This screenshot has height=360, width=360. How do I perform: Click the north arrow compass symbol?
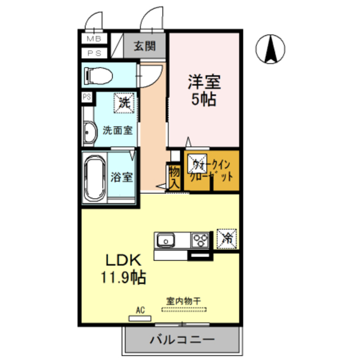pos(270,48)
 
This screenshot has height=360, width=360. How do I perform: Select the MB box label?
pos(94,39)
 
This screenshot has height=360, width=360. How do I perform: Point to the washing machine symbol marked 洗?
pos(124,103)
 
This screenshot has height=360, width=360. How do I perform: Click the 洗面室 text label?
pos(118,130)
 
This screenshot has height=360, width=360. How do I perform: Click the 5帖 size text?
pos(204,101)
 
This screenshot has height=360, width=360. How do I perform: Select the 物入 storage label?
pos(174,175)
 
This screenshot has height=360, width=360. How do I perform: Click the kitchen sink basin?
pos(166,241)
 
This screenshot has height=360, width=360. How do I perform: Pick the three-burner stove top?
pos(200,240)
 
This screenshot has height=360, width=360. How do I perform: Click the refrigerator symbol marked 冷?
pos(227,238)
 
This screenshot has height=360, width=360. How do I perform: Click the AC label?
pos(140,309)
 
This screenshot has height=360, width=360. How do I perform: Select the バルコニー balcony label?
pos(182,340)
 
